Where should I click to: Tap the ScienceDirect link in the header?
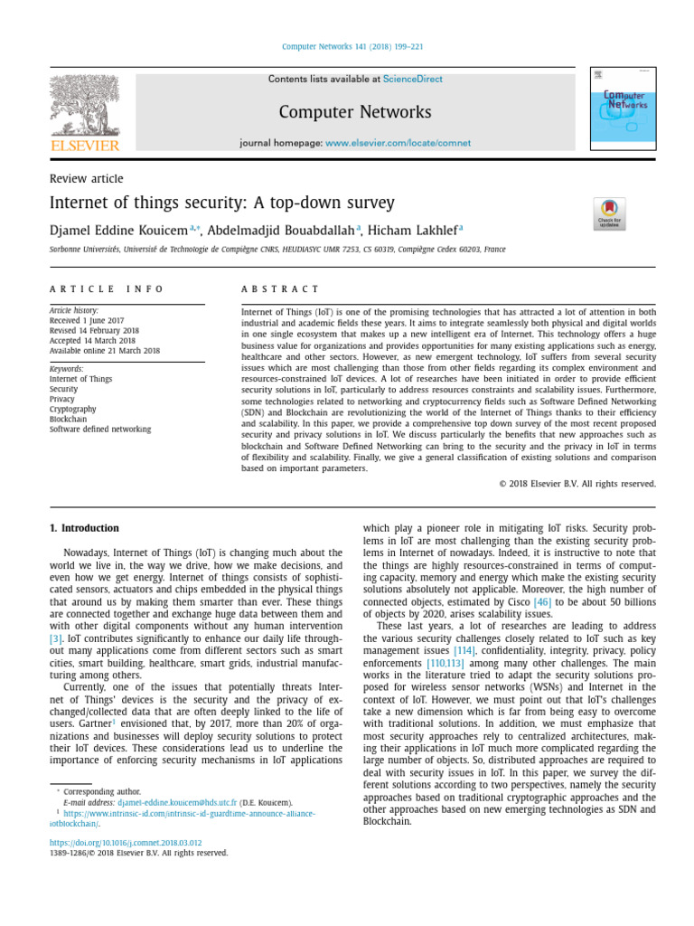[412, 80]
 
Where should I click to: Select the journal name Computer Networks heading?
[354, 112]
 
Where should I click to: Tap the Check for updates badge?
[609, 214]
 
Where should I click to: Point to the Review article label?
[86, 179]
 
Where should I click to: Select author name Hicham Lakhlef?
[414, 230]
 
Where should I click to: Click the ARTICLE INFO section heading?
[107, 289]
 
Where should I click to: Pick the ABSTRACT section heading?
[280, 289]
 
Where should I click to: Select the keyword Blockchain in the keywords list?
[69, 419]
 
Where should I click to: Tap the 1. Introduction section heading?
[83, 528]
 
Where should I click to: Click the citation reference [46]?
[541, 601]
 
